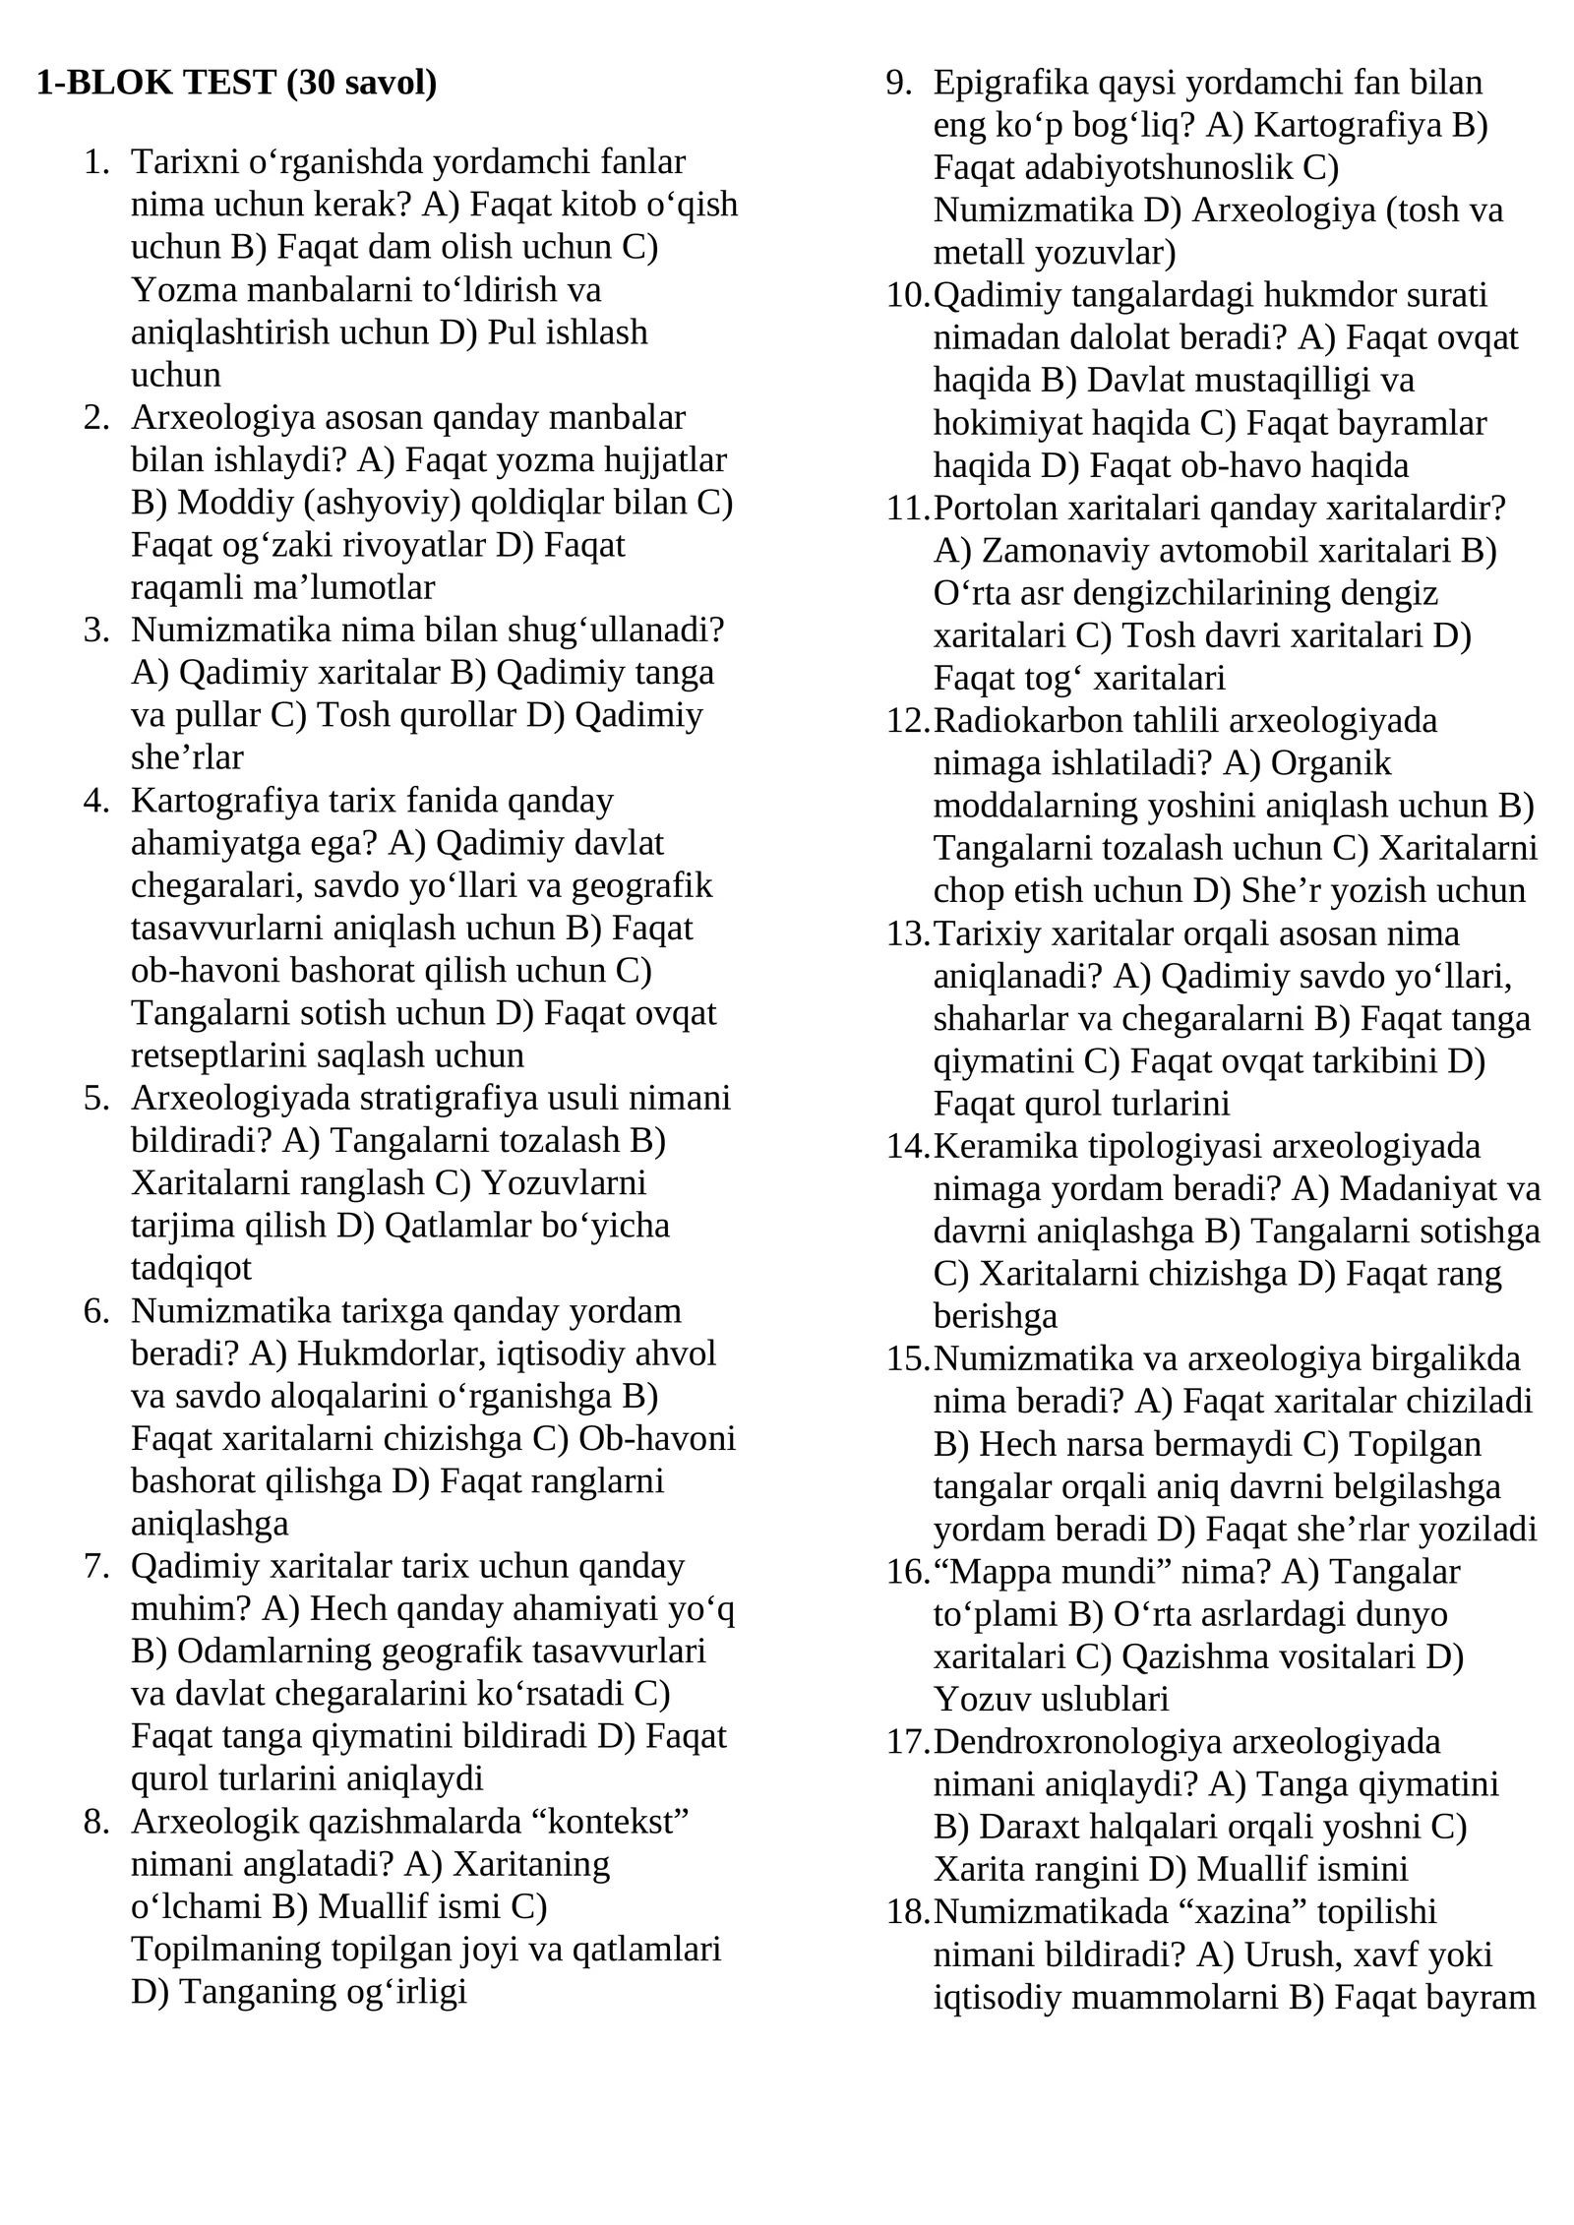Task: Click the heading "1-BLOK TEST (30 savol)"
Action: [236, 83]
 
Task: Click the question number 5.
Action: [96, 1098]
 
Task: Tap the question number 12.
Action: [907, 721]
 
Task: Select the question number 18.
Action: [907, 1911]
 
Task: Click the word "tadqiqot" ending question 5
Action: [191, 1268]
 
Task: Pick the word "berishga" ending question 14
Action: [995, 1316]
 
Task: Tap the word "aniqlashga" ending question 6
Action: [210, 1523]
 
